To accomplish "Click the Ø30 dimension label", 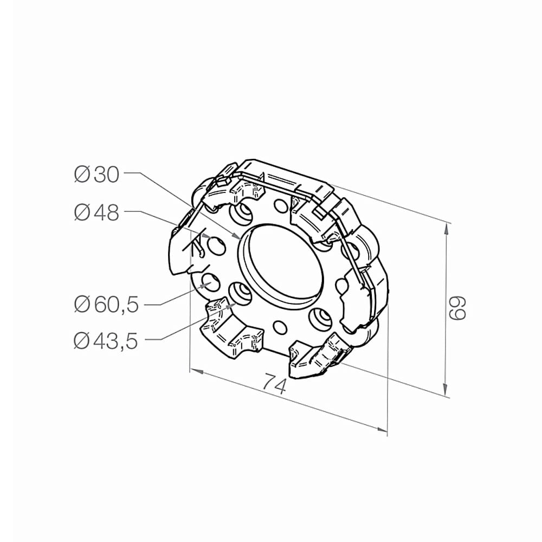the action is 97,174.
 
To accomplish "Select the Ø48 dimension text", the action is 97,212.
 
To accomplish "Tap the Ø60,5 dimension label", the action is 106,305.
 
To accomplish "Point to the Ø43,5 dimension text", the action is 106,341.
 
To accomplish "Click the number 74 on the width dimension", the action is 275,383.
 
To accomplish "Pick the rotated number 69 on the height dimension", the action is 457,308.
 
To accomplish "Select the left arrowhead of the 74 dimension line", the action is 196,371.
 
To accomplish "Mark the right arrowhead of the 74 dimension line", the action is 382,429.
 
